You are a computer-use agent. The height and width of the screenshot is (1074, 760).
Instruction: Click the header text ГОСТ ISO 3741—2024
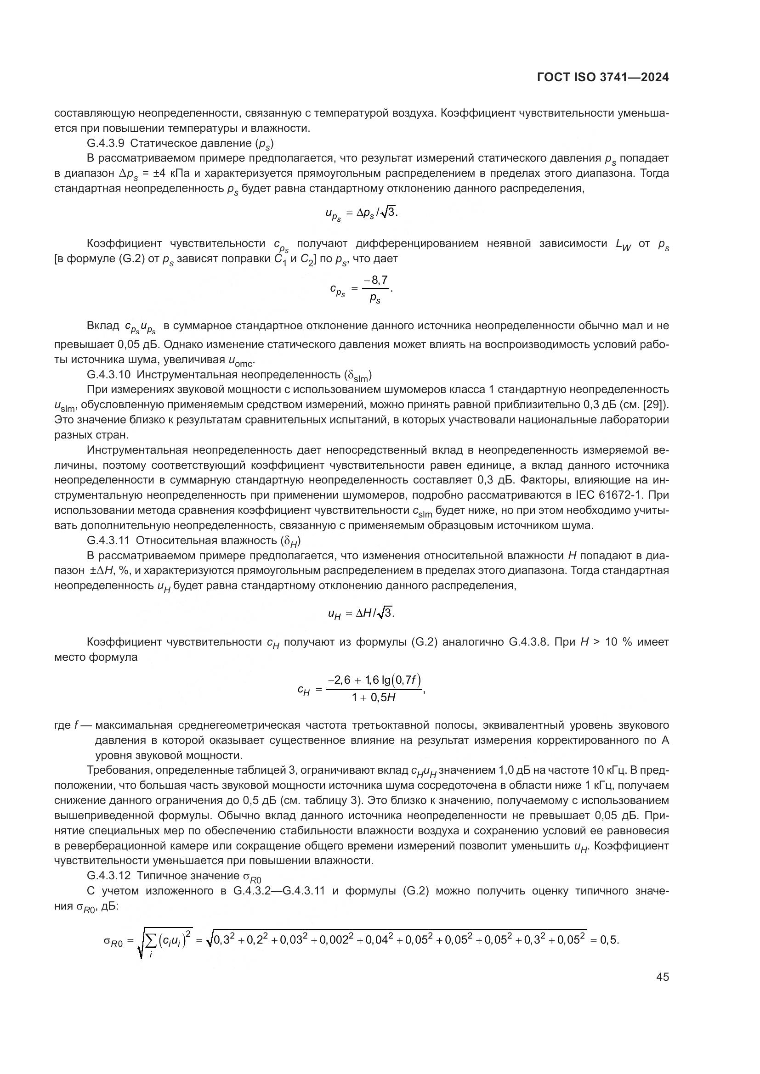[x=603, y=77]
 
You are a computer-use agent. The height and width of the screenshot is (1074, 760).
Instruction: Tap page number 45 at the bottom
[x=662, y=977]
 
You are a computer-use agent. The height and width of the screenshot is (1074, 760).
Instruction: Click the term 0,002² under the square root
[x=334, y=939]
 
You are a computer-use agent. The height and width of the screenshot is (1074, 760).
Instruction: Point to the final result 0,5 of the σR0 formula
[x=609, y=940]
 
